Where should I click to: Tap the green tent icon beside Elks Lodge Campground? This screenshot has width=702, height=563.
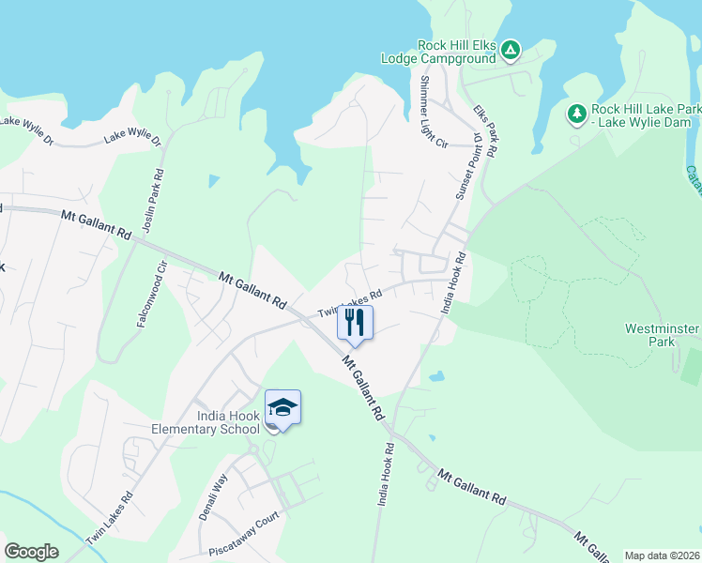[510, 50]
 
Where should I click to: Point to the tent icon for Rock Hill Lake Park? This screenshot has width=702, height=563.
[576, 114]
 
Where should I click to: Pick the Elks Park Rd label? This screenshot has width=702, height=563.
[484, 130]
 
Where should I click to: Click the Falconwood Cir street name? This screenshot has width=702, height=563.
[153, 292]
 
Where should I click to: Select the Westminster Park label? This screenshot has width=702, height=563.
[663, 335]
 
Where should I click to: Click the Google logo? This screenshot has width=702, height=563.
[31, 552]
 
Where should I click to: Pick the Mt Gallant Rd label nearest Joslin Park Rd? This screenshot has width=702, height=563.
[96, 224]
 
